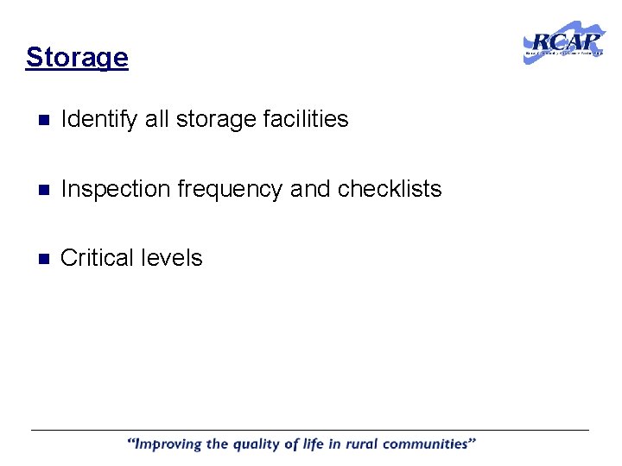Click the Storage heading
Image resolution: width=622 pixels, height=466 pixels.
coord(77,58)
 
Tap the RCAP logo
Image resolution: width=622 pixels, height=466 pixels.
coord(564,44)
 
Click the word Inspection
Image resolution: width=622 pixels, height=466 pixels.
coord(116,189)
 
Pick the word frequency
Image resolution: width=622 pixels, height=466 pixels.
coord(230,190)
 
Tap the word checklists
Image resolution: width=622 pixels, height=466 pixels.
coord(390,189)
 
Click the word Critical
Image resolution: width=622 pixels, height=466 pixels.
coord(95,258)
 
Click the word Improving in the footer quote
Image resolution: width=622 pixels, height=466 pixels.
coord(171,445)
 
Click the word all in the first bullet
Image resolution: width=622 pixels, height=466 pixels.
coord(157,119)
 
